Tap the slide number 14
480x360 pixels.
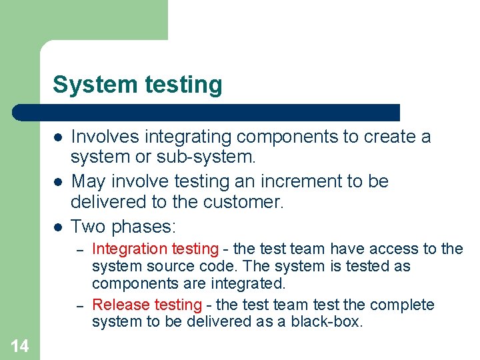click(19, 345)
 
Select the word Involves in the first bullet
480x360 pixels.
click(102, 137)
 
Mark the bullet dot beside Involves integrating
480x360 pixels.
click(59, 137)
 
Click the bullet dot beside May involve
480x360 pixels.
click(59, 182)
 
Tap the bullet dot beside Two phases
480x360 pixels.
click(59, 227)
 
